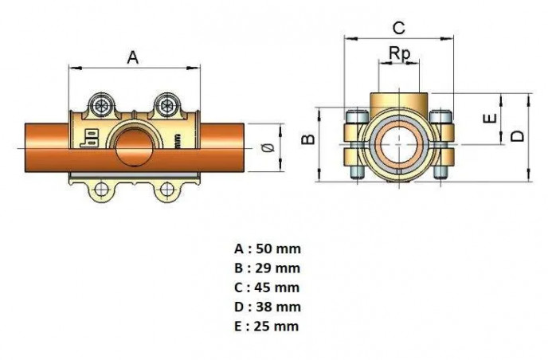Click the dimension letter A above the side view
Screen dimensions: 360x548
(x=133, y=57)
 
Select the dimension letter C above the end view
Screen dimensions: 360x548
(x=398, y=27)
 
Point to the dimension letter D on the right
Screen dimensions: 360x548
(x=518, y=135)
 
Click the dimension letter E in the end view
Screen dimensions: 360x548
(x=491, y=118)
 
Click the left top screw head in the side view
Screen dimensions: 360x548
(x=102, y=104)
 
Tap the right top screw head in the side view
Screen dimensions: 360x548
(x=167, y=104)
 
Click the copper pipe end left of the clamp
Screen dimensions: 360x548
(x=44, y=146)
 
